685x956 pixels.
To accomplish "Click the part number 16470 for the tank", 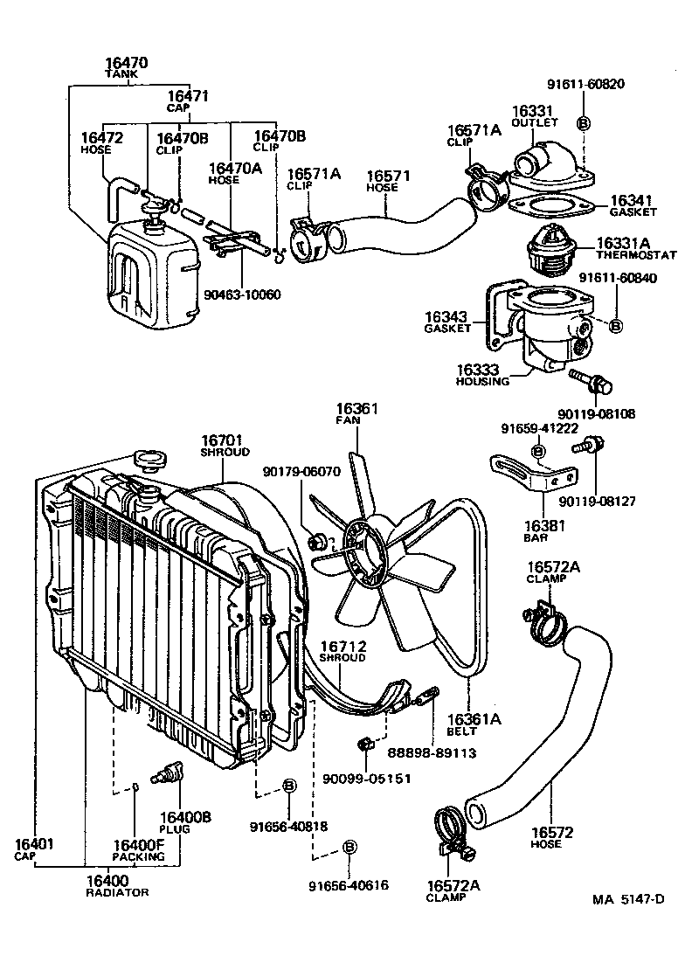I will pos(126,63).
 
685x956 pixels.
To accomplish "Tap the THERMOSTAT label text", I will pos(636,256).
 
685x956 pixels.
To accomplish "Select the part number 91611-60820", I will pos(585,85).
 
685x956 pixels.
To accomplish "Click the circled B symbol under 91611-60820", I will pos(585,121).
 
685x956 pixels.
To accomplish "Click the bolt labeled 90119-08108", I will pos(590,381).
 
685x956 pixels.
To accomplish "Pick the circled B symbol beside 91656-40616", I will pos(349,848).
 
